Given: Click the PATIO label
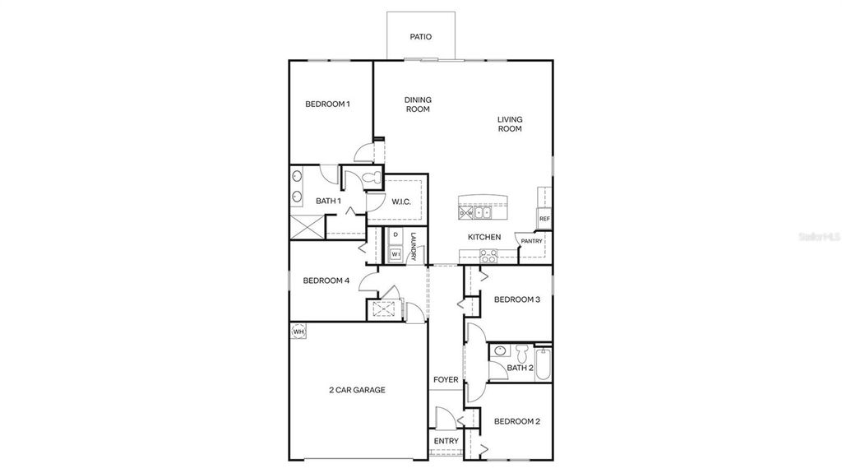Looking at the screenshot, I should click(x=420, y=37).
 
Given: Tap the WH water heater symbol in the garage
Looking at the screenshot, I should click(x=298, y=332).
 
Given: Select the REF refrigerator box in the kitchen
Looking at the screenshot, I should click(x=544, y=219).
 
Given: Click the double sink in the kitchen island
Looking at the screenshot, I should click(x=482, y=213).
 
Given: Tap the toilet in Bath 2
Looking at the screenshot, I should click(x=522, y=352).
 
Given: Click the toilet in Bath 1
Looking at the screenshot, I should click(x=369, y=178).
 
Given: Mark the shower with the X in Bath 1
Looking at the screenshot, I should click(x=307, y=225).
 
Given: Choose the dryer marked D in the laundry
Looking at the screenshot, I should click(x=396, y=235).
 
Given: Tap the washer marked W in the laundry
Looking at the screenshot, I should click(x=396, y=254).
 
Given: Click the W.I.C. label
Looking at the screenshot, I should click(x=401, y=202).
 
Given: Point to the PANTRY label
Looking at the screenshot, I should click(x=531, y=241).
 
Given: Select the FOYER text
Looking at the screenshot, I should click(x=446, y=380).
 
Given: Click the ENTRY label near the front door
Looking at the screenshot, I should click(x=446, y=442).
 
